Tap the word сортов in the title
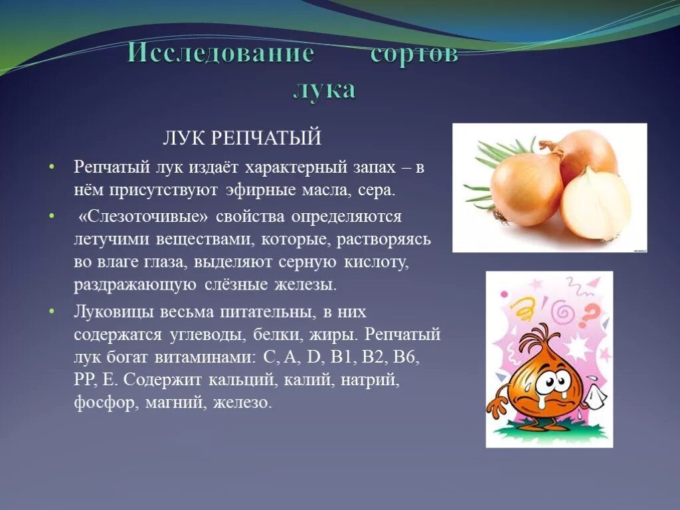tap(414, 54)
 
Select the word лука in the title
tap(325, 90)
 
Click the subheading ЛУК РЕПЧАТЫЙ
tap(242, 138)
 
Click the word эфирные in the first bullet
tap(260, 191)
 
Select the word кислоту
tap(376, 262)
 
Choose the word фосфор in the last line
tap(102, 402)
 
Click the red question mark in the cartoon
tap(593, 311)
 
